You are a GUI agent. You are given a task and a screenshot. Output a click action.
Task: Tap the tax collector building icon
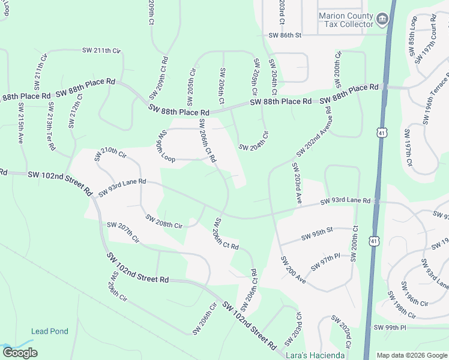click(382, 20)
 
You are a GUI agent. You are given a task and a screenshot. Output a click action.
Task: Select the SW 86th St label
click(285, 35)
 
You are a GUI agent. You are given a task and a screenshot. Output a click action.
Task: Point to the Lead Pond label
click(50, 331)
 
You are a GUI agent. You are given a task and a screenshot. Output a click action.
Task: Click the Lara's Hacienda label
click(316, 355)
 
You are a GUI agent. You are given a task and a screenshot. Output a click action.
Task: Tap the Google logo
click(20, 353)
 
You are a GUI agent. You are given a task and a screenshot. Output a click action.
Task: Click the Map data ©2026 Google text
click(411, 355)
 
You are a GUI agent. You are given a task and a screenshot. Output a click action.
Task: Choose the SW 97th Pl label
click(325, 262)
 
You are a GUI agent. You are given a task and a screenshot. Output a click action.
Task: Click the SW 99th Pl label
click(390, 328)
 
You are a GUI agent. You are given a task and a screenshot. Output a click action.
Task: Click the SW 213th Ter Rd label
click(50, 126)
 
